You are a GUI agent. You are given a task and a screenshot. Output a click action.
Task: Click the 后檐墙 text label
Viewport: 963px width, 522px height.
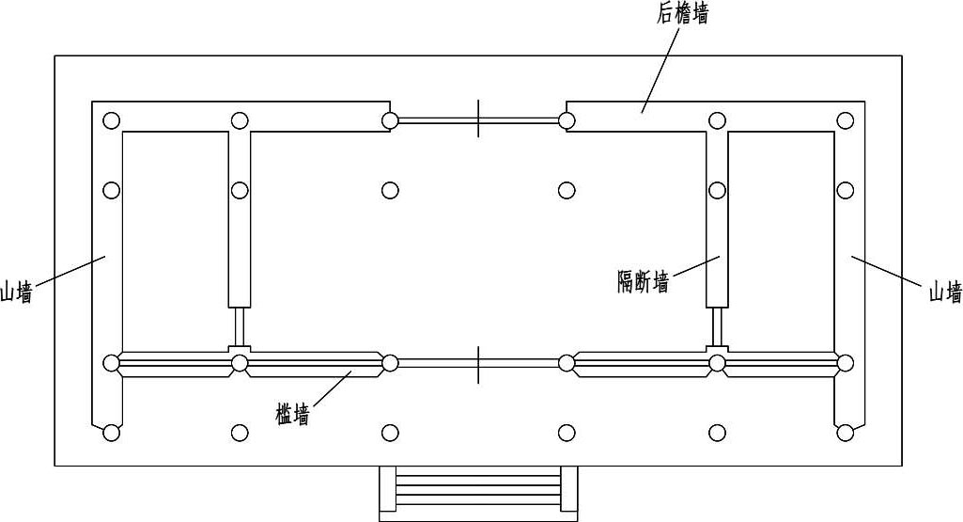coord(682,14)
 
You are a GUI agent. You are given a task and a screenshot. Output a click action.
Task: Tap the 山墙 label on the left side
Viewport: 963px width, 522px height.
coord(16,293)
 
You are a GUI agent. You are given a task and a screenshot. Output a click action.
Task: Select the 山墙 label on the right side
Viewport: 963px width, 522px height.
coord(945,292)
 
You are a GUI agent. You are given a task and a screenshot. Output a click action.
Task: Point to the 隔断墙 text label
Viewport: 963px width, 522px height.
coord(643,281)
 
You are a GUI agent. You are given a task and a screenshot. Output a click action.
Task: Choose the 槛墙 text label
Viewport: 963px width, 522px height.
coord(292,414)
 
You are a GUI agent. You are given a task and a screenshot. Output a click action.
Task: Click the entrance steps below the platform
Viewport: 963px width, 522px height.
coord(478,490)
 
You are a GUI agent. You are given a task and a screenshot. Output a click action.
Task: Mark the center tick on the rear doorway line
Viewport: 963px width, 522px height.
coord(478,119)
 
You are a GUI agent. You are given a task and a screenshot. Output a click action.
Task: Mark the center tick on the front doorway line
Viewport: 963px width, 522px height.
coord(478,363)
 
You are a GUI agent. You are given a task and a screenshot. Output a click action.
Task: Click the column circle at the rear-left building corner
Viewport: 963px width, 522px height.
coord(112,120)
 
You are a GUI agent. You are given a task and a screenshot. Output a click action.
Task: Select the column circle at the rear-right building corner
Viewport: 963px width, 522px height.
coord(846,120)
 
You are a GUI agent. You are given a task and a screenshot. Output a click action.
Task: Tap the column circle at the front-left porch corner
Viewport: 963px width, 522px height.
coord(112,433)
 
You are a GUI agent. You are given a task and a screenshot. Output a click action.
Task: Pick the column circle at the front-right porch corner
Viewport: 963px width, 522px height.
coord(846,433)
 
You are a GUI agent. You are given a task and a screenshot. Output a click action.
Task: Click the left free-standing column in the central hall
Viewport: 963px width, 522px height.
coord(390,190)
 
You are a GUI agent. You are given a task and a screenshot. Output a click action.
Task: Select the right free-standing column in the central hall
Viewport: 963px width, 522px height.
coord(567,190)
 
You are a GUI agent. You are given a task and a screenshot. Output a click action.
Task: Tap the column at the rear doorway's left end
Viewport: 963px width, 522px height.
coord(390,120)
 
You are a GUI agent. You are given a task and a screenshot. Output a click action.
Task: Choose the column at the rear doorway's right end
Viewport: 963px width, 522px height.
coord(567,120)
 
